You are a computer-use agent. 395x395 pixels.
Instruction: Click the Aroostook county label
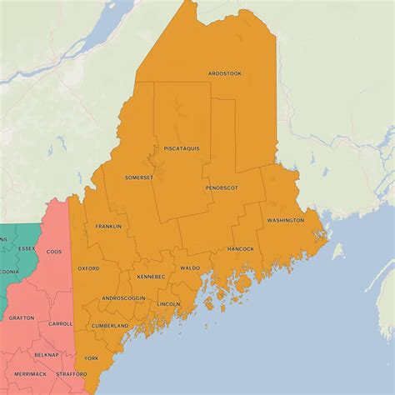click(x=225, y=73)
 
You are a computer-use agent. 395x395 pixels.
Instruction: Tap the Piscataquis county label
click(x=181, y=148)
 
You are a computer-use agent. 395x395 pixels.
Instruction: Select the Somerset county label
click(x=139, y=177)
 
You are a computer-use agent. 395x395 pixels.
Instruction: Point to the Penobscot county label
click(x=222, y=187)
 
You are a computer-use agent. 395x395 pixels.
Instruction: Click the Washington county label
click(x=285, y=220)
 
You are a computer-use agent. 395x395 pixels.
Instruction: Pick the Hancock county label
click(x=240, y=248)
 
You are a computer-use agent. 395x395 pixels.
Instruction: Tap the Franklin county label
click(x=108, y=226)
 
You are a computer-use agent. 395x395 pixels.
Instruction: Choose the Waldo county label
click(x=190, y=267)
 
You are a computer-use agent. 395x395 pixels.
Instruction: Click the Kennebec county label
click(x=151, y=276)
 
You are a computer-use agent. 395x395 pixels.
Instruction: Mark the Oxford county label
click(x=88, y=268)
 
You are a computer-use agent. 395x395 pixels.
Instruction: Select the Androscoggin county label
click(x=123, y=297)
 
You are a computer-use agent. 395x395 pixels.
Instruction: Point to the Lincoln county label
click(x=168, y=303)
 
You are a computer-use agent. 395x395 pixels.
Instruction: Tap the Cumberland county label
click(x=111, y=325)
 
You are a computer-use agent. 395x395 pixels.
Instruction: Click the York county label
click(x=92, y=357)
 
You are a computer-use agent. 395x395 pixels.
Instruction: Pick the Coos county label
click(x=54, y=251)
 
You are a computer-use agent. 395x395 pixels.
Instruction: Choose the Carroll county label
click(x=60, y=323)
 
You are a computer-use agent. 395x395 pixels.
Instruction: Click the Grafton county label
click(x=22, y=317)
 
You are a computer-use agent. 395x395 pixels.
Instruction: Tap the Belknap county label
click(x=47, y=354)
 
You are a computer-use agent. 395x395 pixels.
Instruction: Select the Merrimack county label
click(x=30, y=374)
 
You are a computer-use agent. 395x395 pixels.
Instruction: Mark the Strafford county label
click(x=72, y=374)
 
